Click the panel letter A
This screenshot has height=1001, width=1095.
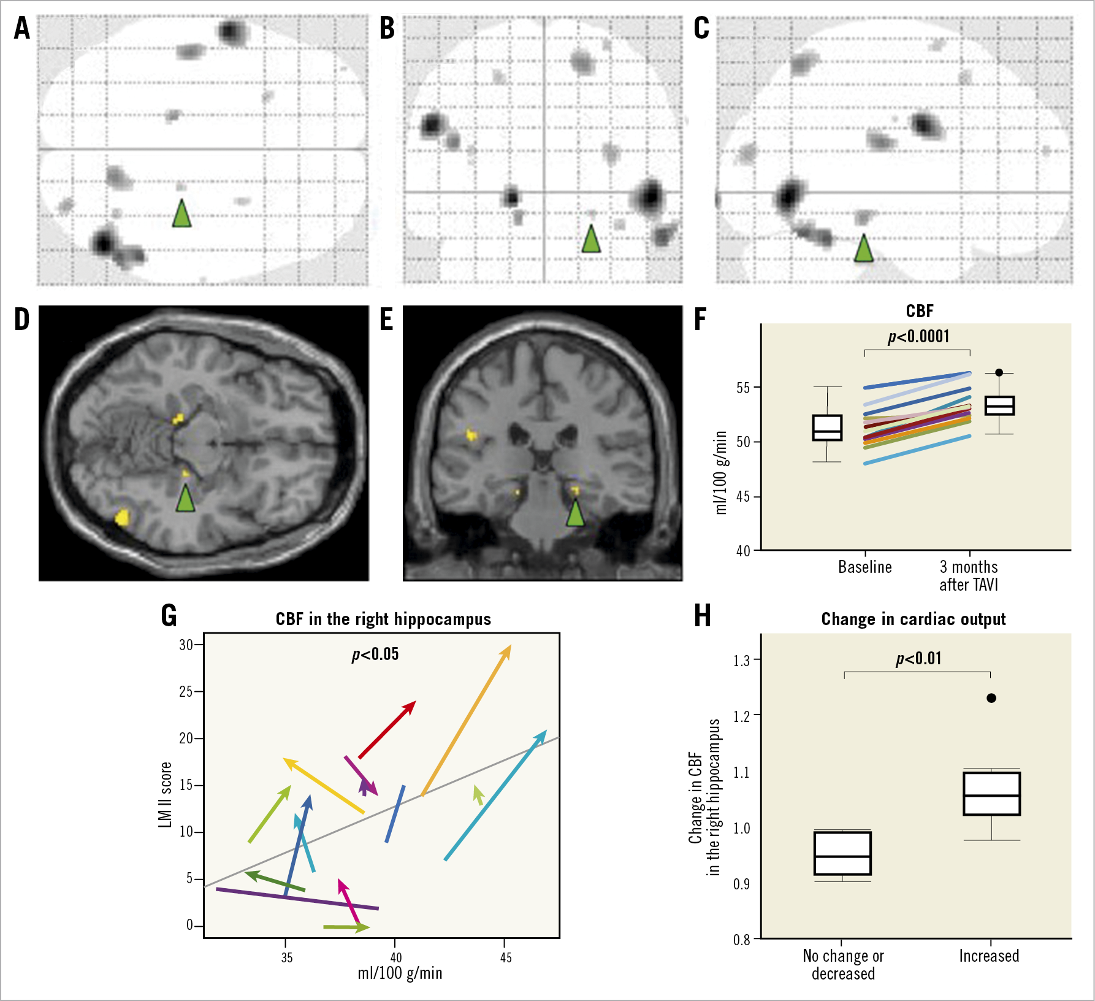pos(22,28)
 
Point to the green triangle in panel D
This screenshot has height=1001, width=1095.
pos(185,497)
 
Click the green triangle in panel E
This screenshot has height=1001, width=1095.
pos(575,513)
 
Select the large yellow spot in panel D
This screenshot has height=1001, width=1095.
pos(123,518)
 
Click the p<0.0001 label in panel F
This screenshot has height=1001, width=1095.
pos(918,337)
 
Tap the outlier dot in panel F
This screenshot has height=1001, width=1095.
pos(999,372)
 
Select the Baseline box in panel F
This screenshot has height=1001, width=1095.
pos(827,428)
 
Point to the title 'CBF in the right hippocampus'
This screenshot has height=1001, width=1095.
pos(383,619)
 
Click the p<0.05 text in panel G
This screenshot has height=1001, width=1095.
pos(375,654)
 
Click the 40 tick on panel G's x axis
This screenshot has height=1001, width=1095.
pos(396,957)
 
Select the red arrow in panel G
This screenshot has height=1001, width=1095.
pos(387,729)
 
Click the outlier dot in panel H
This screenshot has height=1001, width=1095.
pos(991,698)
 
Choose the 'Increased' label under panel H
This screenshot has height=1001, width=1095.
pos(989,956)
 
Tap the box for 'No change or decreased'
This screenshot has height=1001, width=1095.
pos(842,853)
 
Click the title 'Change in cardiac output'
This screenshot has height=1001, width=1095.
pos(914,619)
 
